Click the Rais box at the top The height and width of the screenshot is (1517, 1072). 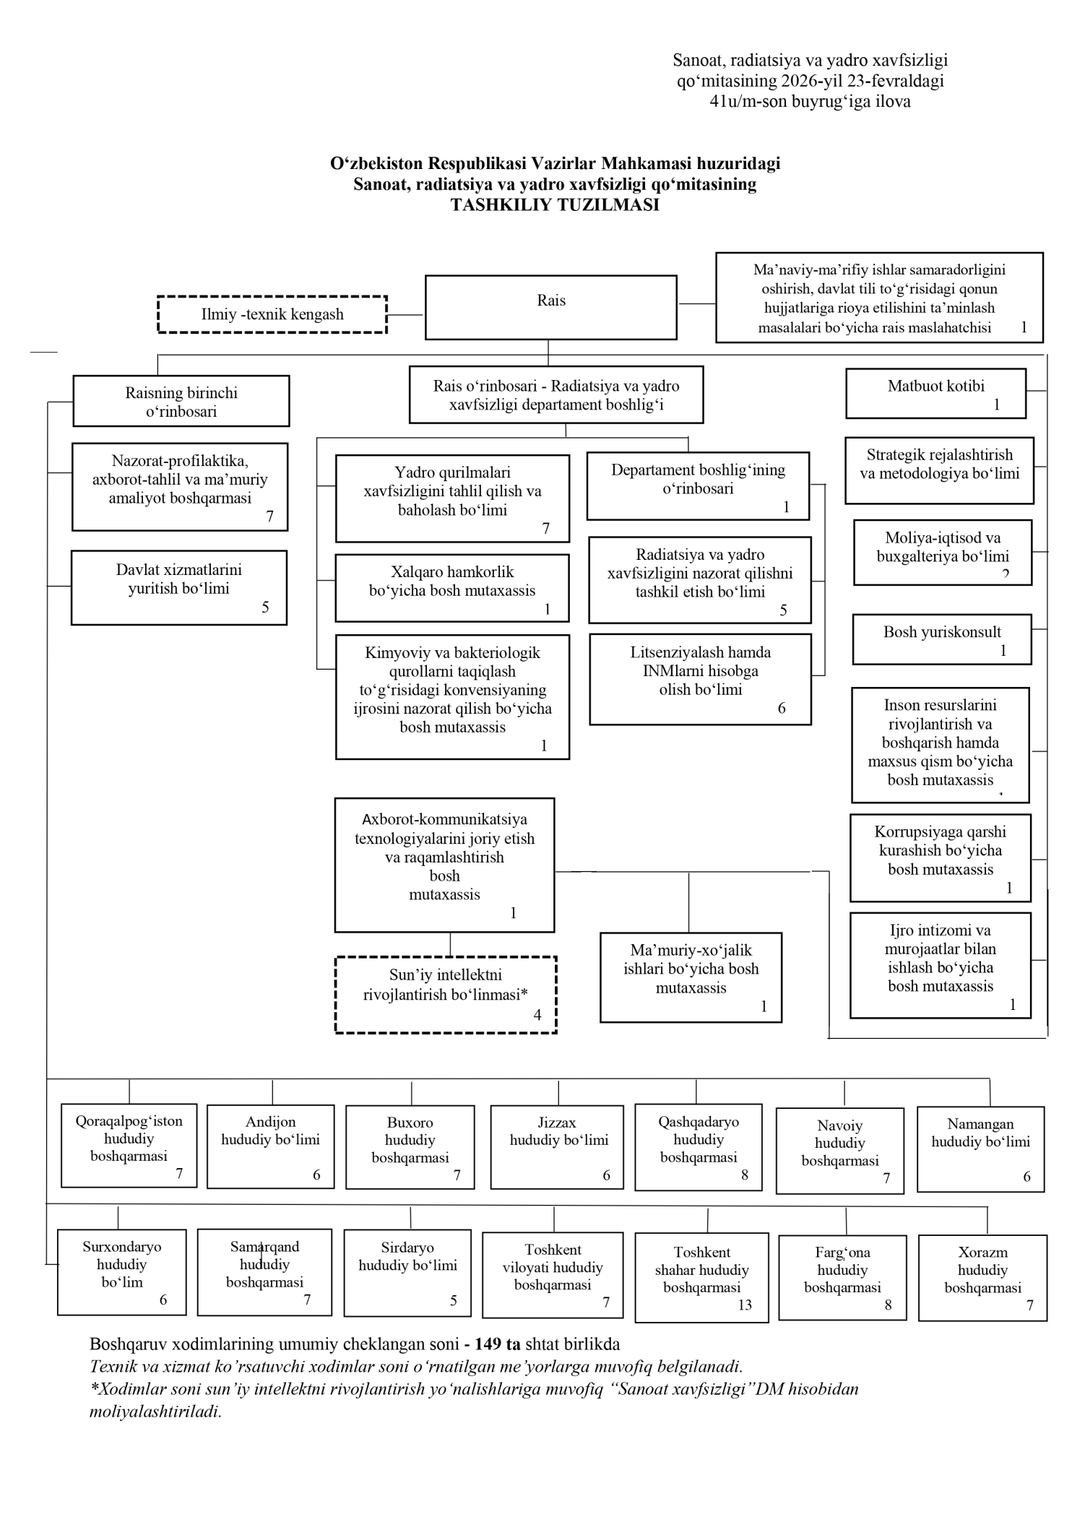(550, 307)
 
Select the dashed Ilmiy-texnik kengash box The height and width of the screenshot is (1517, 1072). (272, 314)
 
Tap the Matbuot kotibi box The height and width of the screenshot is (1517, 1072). (935, 394)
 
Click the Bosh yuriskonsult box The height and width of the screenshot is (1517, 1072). (941, 639)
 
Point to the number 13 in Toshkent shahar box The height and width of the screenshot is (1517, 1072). (745, 1305)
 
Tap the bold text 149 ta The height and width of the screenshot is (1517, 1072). (498, 1344)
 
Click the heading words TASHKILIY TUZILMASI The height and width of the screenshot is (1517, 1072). (555, 204)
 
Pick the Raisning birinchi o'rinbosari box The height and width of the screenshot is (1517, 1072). (181, 401)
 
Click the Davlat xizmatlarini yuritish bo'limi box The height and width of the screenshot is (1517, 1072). (179, 587)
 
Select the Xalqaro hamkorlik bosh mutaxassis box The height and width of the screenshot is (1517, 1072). (452, 588)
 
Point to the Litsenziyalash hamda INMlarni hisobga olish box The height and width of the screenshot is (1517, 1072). (700, 679)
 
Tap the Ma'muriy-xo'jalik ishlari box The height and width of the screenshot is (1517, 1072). (691, 977)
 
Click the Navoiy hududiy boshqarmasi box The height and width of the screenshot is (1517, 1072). (839, 1150)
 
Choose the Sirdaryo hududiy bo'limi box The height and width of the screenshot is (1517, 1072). (407, 1273)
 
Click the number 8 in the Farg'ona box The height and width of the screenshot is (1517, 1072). (888, 1305)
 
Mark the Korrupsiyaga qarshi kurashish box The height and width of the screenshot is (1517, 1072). (940, 857)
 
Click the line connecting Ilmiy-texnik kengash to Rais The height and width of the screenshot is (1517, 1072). (406, 315)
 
